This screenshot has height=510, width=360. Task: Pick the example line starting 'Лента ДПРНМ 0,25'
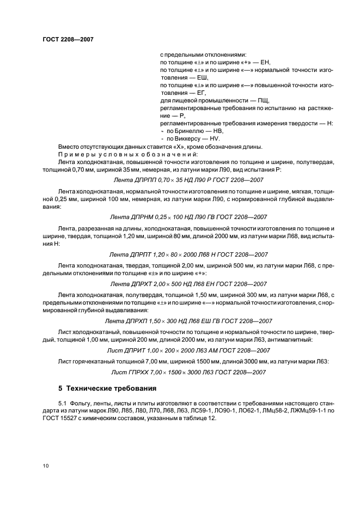pos(188,216)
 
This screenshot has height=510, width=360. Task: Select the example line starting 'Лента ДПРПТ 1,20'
pos(188,254)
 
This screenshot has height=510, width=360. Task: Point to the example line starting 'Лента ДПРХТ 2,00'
pos(188,284)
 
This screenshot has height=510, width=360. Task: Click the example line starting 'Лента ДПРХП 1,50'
pos(188,321)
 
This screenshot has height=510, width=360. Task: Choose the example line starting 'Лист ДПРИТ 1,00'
pos(188,350)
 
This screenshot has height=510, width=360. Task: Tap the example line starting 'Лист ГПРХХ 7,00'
pos(188,372)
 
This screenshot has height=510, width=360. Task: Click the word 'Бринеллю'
pos(191,131)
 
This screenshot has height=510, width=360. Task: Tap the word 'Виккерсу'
pos(190,139)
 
